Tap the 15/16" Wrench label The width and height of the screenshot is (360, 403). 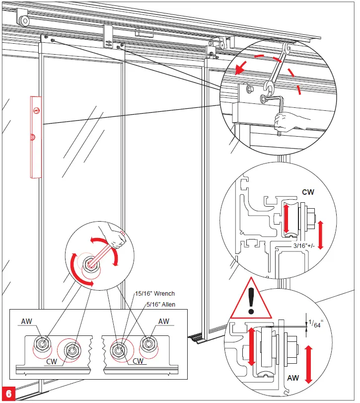(x=155, y=294)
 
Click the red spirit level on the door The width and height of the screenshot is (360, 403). (x=34, y=137)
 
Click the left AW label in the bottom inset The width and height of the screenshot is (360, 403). (x=27, y=322)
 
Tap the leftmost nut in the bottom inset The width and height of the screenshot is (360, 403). (x=42, y=343)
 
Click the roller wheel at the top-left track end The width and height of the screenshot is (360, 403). (x=23, y=20)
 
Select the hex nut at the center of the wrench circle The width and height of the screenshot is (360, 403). (x=91, y=264)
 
